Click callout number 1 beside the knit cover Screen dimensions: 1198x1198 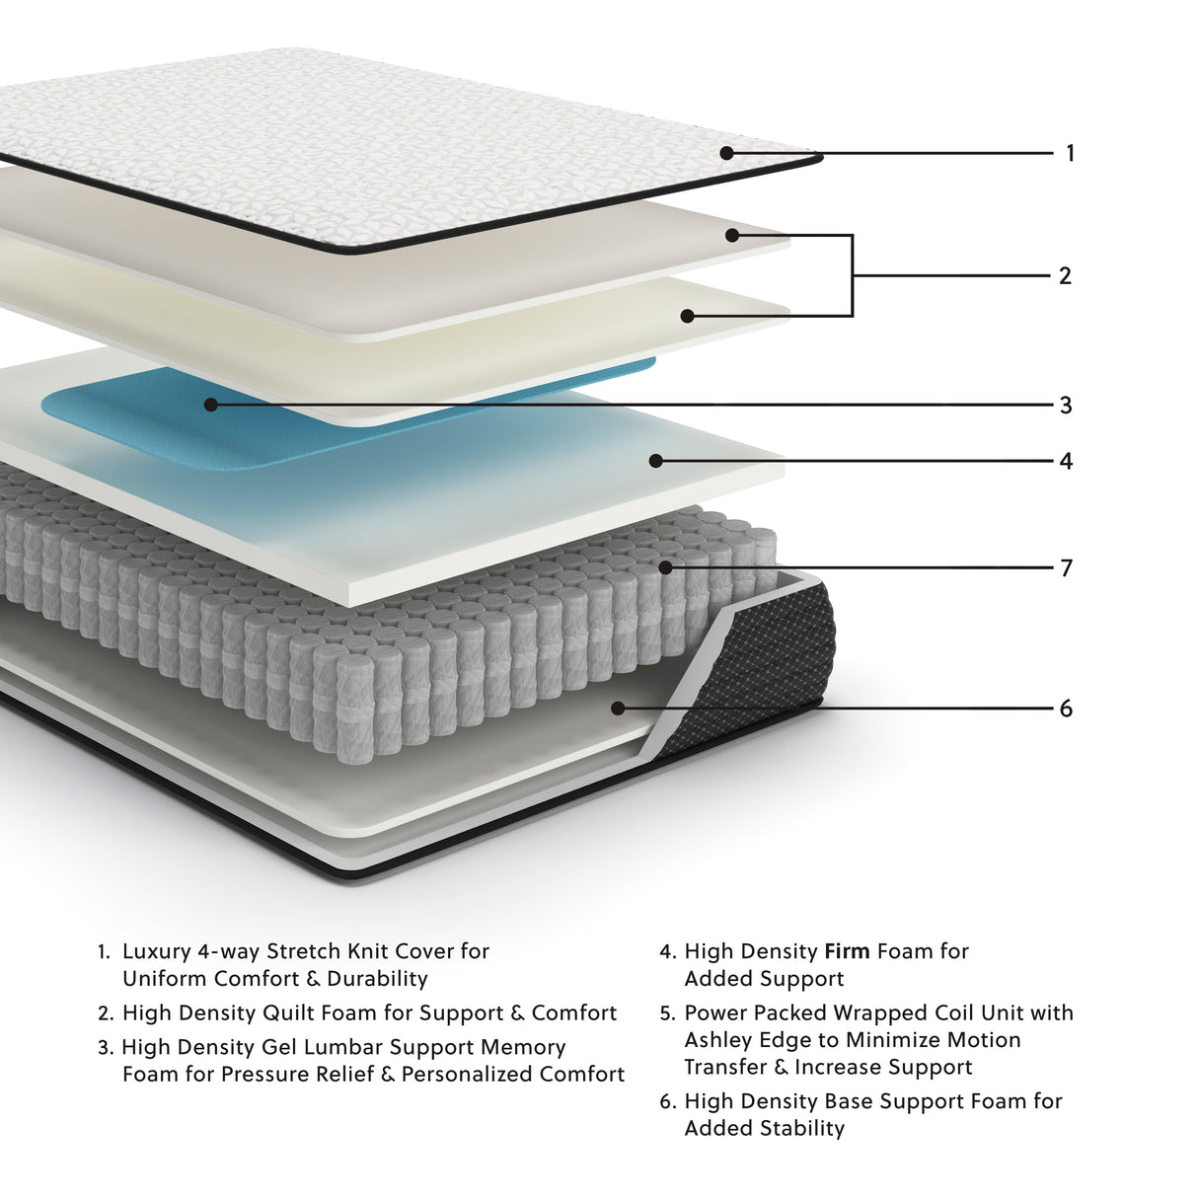tap(1070, 154)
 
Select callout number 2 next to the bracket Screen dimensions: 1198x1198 tap(1065, 276)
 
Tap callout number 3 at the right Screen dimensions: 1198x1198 tap(1066, 406)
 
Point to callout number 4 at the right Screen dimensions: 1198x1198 tap(1066, 462)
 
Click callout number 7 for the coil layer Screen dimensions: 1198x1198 tap(1066, 568)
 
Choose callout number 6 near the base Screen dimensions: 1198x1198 tap(1066, 710)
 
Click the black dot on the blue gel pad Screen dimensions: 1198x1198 tap(210, 405)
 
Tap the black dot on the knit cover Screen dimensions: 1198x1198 tap(726, 153)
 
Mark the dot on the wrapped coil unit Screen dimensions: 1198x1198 tap(666, 567)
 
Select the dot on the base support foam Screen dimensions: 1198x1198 tap(618, 709)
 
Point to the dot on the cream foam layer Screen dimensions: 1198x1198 tap(688, 316)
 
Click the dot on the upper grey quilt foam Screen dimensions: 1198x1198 tap(732, 235)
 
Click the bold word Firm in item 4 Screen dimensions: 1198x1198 tap(847, 952)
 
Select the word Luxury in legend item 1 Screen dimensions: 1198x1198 tap(156, 952)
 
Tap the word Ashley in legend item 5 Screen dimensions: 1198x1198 tap(716, 1040)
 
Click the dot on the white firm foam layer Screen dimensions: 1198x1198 tap(655, 461)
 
